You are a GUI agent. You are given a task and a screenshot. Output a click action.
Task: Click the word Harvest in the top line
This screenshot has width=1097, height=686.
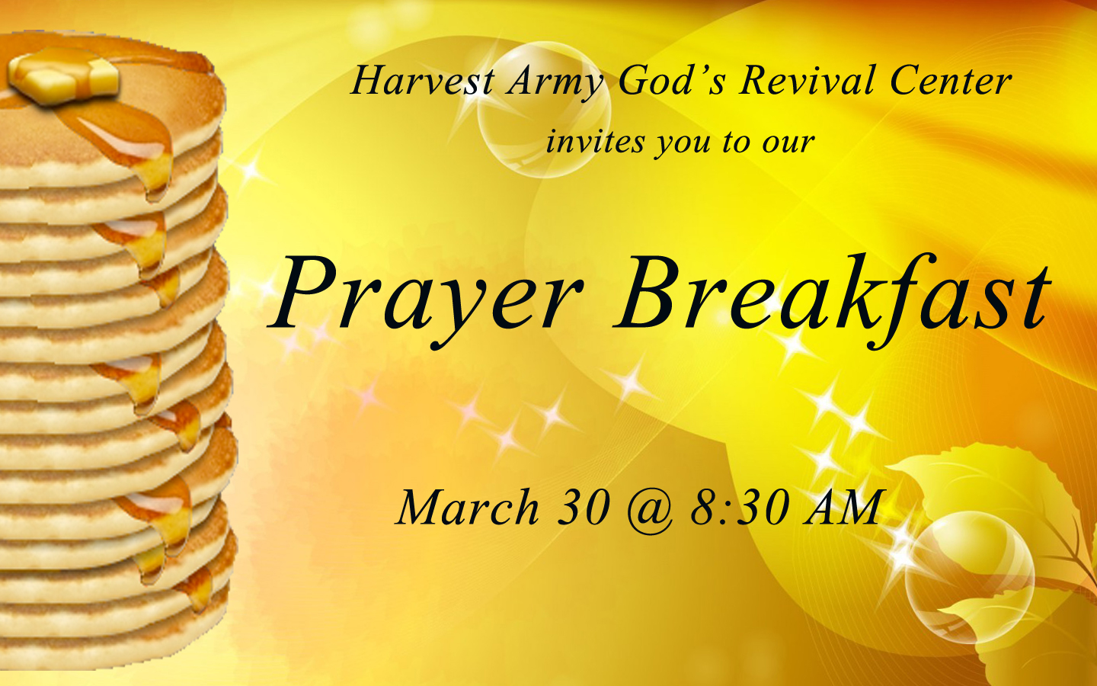pos(422,80)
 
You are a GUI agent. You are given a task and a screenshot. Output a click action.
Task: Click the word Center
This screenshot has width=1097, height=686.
pos(950,80)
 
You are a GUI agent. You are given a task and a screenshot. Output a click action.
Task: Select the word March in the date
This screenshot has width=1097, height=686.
pos(467,507)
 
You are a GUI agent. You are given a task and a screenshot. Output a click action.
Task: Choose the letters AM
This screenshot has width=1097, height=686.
pos(842,507)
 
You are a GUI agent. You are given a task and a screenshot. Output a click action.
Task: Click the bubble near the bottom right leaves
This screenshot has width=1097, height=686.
pos(969,579)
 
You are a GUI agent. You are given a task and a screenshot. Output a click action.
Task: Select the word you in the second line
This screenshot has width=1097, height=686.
pos(683,145)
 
